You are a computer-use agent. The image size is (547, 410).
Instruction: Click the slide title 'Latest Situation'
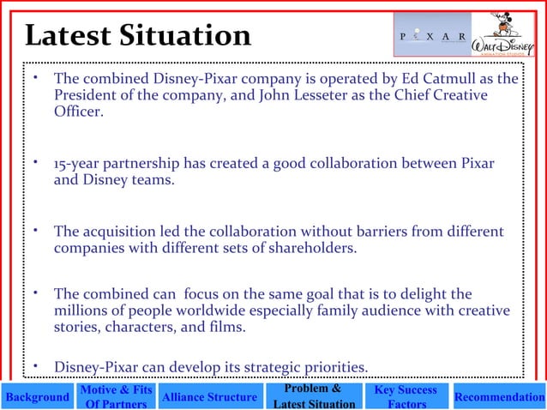coord(137,35)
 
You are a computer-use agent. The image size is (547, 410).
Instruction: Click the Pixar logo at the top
coord(433,36)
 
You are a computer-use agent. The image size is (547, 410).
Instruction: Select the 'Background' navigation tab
coord(36,397)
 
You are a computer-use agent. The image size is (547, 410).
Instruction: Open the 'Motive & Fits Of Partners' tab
coord(117,397)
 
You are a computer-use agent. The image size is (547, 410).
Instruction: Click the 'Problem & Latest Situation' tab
coord(308,397)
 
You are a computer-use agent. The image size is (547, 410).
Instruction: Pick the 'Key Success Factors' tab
coord(406,397)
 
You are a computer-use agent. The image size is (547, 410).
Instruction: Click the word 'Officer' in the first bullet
coord(77,112)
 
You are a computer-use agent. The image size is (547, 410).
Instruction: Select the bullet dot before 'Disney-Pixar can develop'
coord(35,366)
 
